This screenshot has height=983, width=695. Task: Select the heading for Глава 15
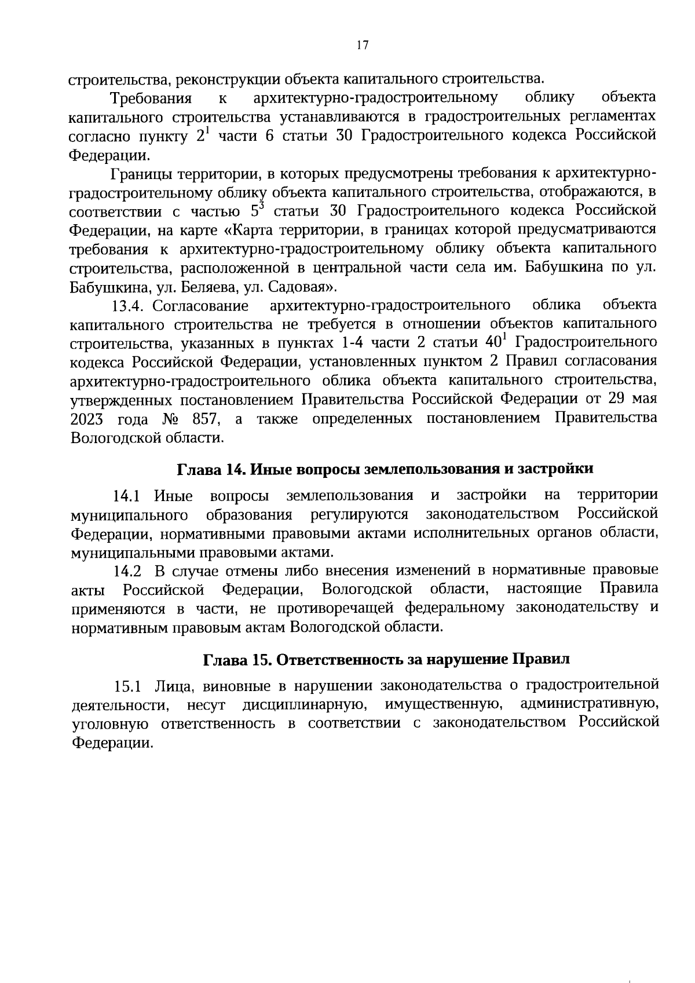point(386,659)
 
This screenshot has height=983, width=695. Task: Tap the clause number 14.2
point(127,571)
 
